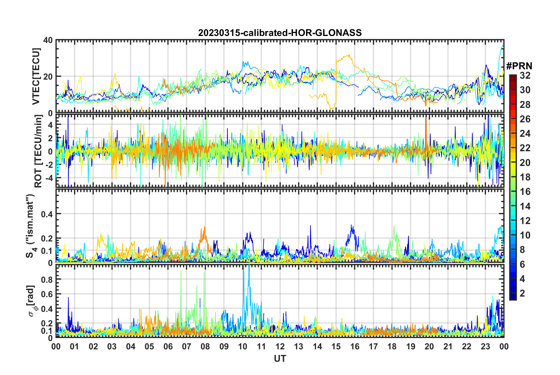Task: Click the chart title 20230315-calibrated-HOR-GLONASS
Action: pyautogui.click(x=280, y=32)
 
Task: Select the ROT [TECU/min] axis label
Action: pyautogui.click(x=38, y=151)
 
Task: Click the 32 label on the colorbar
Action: pyautogui.click(x=525, y=75)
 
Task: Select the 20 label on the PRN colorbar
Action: pyautogui.click(x=525, y=162)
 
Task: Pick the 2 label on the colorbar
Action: pyautogui.click(x=523, y=293)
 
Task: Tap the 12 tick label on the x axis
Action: pyautogui.click(x=280, y=346)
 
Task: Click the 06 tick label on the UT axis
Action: pyautogui.click(x=168, y=346)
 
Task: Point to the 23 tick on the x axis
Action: pyautogui.click(x=485, y=346)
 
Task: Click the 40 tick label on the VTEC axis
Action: pyautogui.click(x=48, y=40)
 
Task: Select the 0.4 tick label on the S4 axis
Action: pyautogui.click(x=47, y=214)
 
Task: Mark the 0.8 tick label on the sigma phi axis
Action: pyautogui.click(x=47, y=279)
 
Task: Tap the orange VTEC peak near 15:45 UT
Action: pyautogui.click(x=349, y=55)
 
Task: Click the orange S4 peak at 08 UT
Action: pyautogui.click(x=204, y=227)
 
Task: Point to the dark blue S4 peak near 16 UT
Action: pyautogui.click(x=351, y=225)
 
